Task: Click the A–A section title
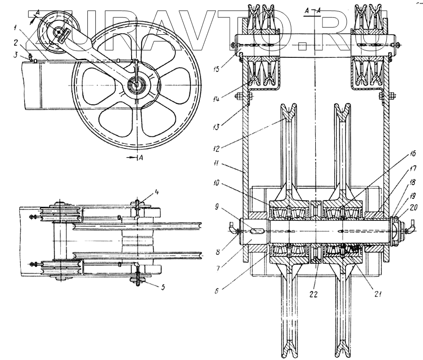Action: pos(313,11)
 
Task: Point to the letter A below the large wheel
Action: pos(140,158)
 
